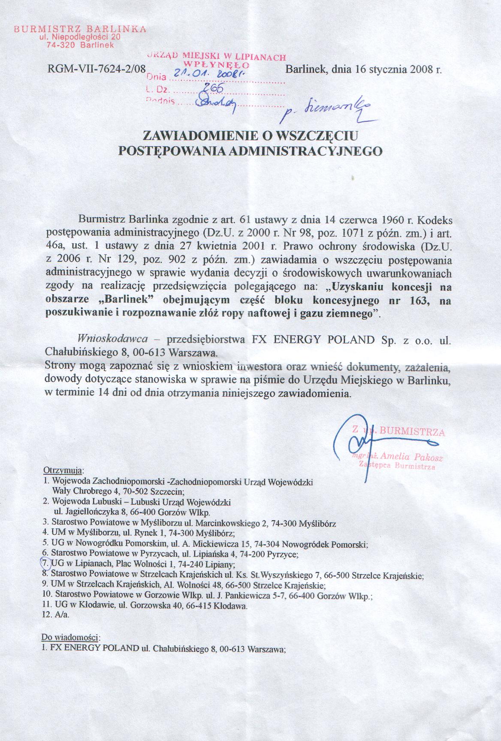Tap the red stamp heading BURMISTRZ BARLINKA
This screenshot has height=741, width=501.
80,30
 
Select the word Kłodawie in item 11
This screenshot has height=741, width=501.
100,606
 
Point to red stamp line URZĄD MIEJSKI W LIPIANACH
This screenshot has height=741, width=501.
217,56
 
